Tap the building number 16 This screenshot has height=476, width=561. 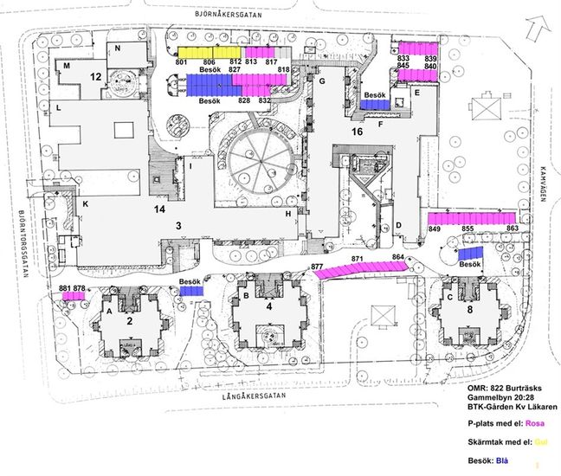357,132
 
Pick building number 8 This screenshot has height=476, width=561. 471,309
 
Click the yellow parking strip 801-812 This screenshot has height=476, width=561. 209,53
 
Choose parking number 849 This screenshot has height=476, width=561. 435,228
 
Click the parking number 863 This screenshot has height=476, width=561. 512,228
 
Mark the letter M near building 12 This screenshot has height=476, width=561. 66,66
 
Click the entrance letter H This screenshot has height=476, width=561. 287,214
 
